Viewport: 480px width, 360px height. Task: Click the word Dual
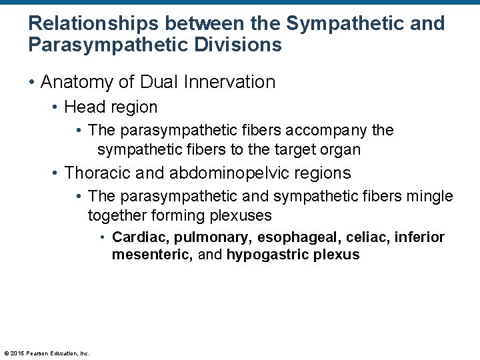157,82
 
